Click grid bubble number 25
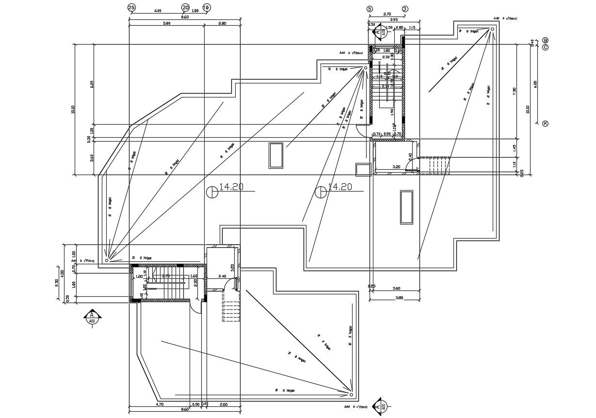tap(131, 7)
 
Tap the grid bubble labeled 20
tap(185, 7)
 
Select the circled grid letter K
tap(545, 124)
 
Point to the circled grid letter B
tap(545, 40)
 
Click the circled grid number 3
tap(405, 9)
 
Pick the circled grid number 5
tap(370, 9)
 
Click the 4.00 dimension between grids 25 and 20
tap(158, 11)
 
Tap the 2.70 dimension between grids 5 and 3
tap(387, 15)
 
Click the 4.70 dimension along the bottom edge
tap(159, 404)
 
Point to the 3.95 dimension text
tap(394, 20)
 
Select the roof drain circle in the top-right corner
tap(492, 29)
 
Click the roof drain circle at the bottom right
tap(351, 394)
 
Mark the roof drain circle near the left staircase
tap(107, 260)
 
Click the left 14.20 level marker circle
tap(212, 193)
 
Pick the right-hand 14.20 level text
tap(339, 187)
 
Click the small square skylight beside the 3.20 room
tap(362, 169)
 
